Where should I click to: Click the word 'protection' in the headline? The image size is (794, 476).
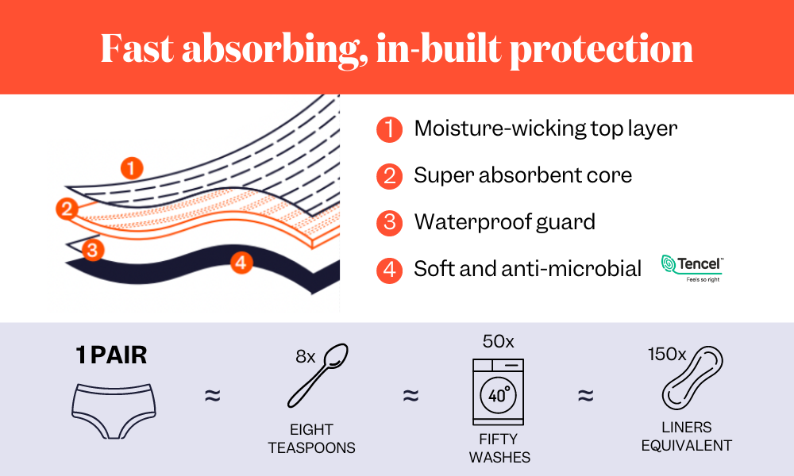click(x=601, y=50)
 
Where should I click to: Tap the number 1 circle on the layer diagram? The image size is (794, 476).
click(x=132, y=168)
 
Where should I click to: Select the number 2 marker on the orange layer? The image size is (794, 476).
click(x=67, y=209)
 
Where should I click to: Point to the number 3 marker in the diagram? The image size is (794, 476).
click(x=93, y=249)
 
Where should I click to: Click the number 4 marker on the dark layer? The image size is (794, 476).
click(x=241, y=263)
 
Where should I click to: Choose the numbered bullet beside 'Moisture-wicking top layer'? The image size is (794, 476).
click(x=389, y=129)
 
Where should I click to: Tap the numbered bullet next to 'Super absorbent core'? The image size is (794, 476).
click(x=389, y=176)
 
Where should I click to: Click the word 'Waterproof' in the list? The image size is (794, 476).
click(x=471, y=222)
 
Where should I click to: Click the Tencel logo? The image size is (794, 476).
click(x=692, y=268)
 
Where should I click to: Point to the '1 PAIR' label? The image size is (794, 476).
click(x=111, y=355)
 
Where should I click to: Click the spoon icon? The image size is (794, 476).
click(x=318, y=375)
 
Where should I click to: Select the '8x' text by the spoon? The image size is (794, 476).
click(x=306, y=357)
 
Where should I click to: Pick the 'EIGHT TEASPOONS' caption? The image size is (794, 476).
click(x=311, y=439)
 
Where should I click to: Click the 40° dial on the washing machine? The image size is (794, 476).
click(x=499, y=394)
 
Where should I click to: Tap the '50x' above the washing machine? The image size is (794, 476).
click(x=499, y=341)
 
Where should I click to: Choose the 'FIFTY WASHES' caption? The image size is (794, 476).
click(x=499, y=447)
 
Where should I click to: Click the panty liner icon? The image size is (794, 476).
click(x=692, y=378)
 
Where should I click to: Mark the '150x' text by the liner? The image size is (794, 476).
click(x=667, y=354)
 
